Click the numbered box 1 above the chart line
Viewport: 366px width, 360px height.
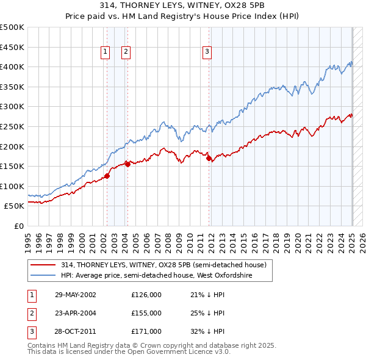[x=106, y=52]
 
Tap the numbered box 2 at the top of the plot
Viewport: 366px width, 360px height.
[x=126, y=52]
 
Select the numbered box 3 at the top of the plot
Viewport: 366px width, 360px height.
[x=207, y=52]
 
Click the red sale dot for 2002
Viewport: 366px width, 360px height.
[x=107, y=176]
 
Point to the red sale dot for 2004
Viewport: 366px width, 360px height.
[x=127, y=164]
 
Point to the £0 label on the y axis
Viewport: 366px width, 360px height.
[x=19, y=226]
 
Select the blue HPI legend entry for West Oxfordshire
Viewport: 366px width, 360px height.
[x=157, y=276]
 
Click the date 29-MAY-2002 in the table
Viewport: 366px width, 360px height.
[x=76, y=295]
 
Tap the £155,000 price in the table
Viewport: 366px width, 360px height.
[x=146, y=313]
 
